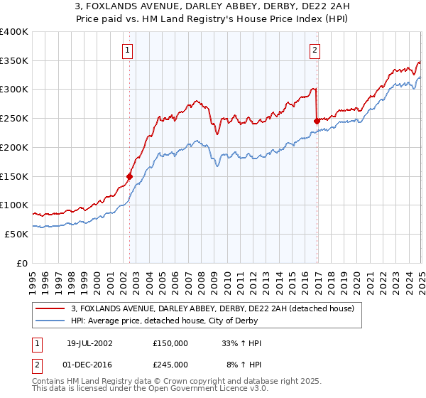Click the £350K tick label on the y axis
[x=14, y=61]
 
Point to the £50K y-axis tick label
[x=16, y=234]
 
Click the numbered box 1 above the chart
[x=127, y=50]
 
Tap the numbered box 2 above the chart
[x=314, y=50]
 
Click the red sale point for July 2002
[x=130, y=176]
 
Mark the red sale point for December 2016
[x=317, y=122]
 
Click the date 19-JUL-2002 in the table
[x=87, y=343]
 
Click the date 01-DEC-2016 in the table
[x=87, y=365]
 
